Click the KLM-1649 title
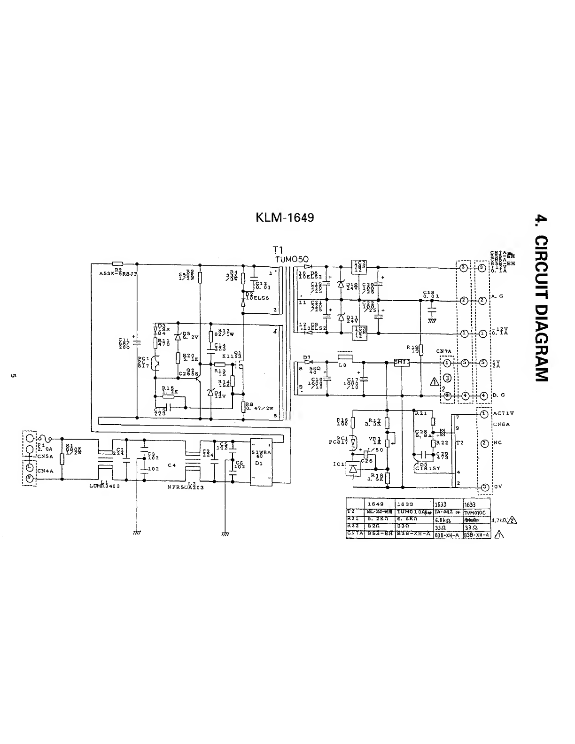(x=285, y=217)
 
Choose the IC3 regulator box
(x=358, y=332)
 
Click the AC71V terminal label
(x=504, y=413)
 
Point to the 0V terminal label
(x=497, y=487)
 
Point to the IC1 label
(x=338, y=464)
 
